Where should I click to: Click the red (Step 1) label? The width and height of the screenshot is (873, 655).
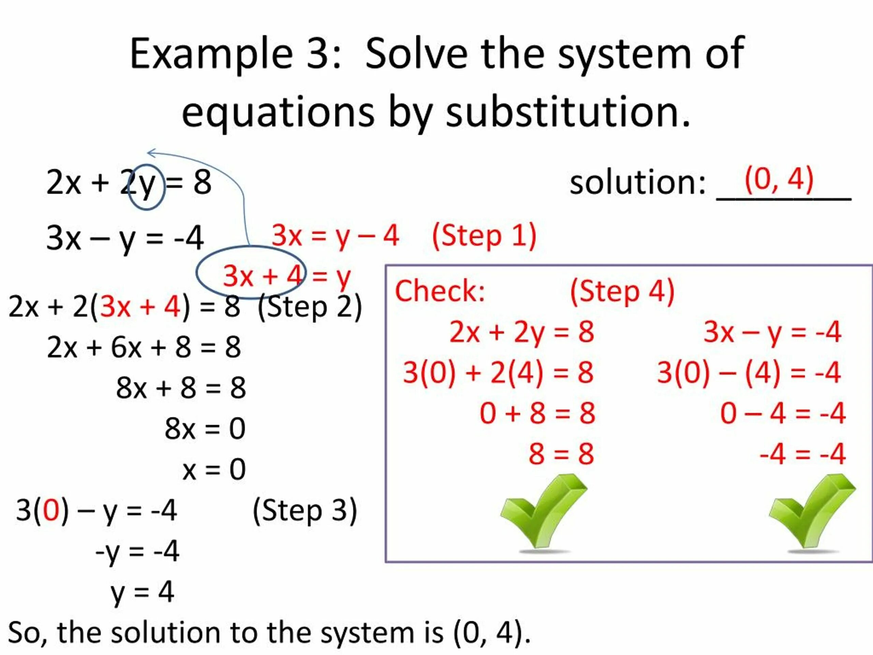click(x=484, y=236)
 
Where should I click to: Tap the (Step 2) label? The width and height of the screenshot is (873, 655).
click(x=309, y=307)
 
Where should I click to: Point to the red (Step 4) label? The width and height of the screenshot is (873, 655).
click(x=622, y=291)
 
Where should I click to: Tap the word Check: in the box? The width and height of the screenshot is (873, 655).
click(x=440, y=291)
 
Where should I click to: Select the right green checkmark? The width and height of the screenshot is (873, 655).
click(x=812, y=511)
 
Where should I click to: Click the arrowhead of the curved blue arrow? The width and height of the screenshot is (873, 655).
click(x=150, y=152)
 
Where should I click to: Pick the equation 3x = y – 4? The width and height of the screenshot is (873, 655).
click(x=335, y=236)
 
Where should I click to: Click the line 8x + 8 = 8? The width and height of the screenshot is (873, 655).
click(x=181, y=388)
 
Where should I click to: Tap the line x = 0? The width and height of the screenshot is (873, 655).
click(x=214, y=469)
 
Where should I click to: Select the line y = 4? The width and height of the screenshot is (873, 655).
click(x=142, y=592)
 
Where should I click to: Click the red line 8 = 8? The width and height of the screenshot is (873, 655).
click(x=561, y=454)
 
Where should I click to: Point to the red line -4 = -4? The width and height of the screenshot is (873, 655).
click(x=802, y=454)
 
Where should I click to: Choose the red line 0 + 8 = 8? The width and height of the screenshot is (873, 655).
click(x=537, y=413)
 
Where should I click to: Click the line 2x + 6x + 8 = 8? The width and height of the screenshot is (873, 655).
click(x=144, y=347)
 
